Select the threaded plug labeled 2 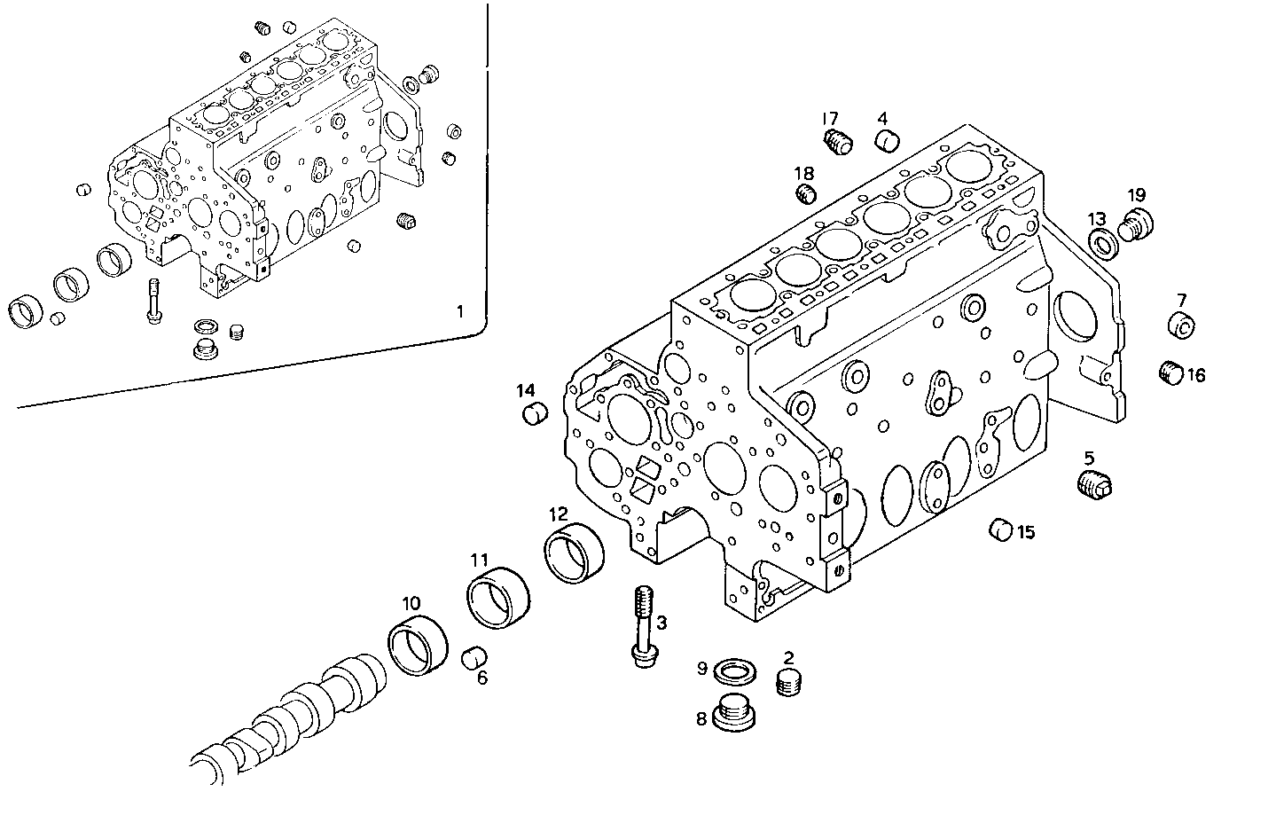(x=788, y=683)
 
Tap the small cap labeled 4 (x=887, y=140)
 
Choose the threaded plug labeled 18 (x=805, y=194)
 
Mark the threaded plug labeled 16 (x=1171, y=373)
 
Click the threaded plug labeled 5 (x=1095, y=485)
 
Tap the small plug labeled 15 (x=1001, y=529)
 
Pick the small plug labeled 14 (x=534, y=413)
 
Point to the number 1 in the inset (x=459, y=311)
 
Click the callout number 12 (x=558, y=513)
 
